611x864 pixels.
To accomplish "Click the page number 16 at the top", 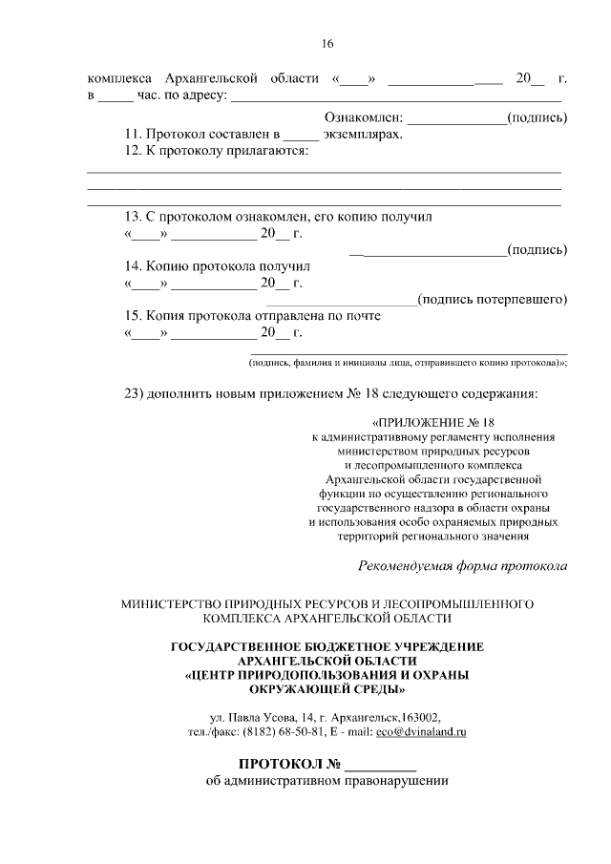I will point(327,44).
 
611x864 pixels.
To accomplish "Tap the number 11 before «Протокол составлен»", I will point(133,134).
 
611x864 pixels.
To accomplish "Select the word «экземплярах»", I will point(361,134).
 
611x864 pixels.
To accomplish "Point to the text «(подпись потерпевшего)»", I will point(494,300).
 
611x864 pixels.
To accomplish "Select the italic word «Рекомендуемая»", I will point(405,565).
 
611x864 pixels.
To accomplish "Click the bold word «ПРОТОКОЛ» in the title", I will point(281,765).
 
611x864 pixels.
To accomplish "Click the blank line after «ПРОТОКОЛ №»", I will point(380,767).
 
